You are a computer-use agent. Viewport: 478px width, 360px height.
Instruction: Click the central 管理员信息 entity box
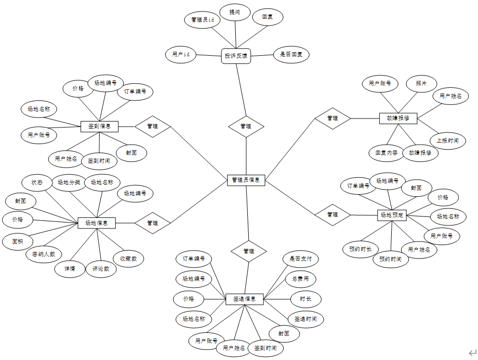[x=246, y=180]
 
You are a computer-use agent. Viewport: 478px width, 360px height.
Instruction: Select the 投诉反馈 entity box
[x=236, y=56]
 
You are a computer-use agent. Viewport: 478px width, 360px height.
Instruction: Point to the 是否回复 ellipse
[x=291, y=54]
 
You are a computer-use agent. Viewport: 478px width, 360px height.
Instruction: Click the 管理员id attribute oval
[x=203, y=20]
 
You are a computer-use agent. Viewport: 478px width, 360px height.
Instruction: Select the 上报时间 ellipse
[x=447, y=141]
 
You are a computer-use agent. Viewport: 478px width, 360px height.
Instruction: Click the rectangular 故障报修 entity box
[x=398, y=118]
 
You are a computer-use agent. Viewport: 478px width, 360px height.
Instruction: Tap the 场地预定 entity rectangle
[x=391, y=215]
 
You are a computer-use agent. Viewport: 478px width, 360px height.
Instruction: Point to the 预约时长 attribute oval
[x=361, y=249]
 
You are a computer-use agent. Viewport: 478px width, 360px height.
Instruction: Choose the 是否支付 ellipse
[x=300, y=259]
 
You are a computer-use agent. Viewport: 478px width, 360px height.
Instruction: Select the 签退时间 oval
[x=305, y=319]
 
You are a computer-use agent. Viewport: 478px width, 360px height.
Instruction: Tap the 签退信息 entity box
[x=245, y=299]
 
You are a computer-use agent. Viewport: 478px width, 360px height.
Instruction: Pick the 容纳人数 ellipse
[x=44, y=254]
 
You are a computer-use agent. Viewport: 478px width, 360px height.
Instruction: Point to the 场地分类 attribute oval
[x=69, y=182]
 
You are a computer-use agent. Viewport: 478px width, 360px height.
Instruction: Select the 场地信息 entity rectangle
[x=97, y=222]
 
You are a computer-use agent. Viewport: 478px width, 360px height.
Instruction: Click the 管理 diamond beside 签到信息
[x=152, y=127]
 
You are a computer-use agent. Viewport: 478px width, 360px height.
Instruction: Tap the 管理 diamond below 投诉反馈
[x=246, y=127]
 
